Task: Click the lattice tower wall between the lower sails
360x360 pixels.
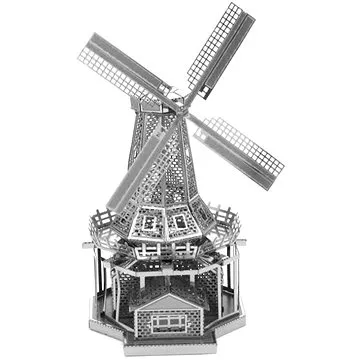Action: point(185,160)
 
